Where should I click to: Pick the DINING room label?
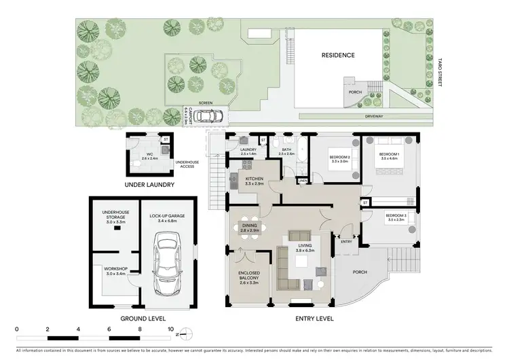pyautogui.click(x=249, y=229)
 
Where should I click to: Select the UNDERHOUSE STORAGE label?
pyautogui.click(x=110, y=215)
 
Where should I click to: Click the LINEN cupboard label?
pyautogui.click(x=302, y=181)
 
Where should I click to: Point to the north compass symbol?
pyautogui.click(x=188, y=334)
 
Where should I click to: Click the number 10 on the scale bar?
pyautogui.click(x=171, y=329)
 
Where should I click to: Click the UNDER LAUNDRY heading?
pyautogui.click(x=150, y=184)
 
